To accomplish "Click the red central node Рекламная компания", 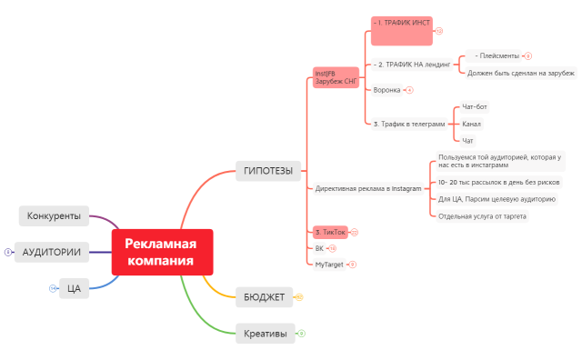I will pos(161,252).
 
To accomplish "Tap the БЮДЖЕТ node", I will pos(264,297).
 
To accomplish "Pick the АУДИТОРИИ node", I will pos(52,252).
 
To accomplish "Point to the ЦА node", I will pos(74,288).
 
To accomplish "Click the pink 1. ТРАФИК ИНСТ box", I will pos(401,30).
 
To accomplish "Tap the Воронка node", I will pos(386,90).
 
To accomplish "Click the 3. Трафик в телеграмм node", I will pos(409,124).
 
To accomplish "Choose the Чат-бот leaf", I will pos(475,106).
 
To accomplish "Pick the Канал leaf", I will pos(472,124).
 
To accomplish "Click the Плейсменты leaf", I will pos(497,55).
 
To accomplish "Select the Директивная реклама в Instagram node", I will pos(368,188).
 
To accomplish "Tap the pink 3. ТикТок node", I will pos(328,232).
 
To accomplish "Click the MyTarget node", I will pos(329,265).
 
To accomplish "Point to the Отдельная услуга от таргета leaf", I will pos(482,216).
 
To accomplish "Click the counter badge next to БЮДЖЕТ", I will pos(298,297).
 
